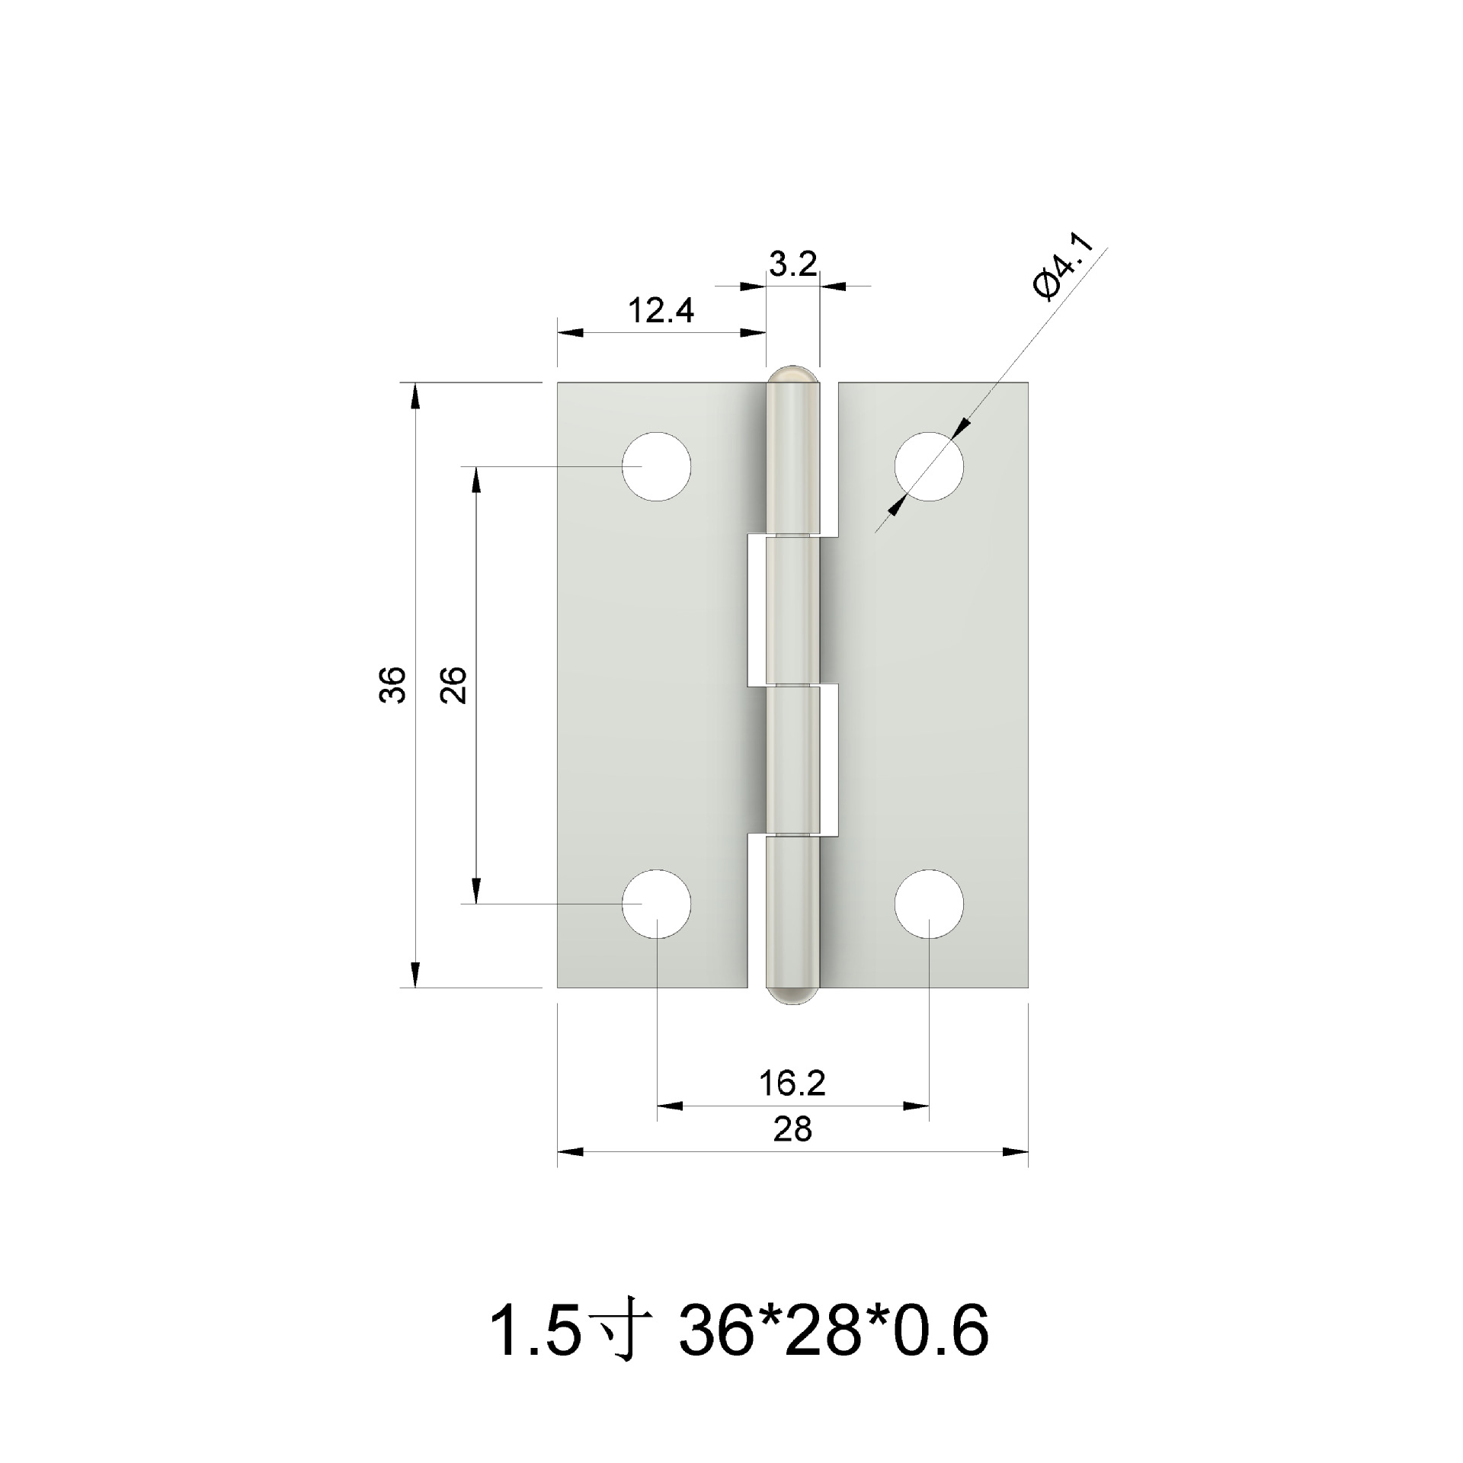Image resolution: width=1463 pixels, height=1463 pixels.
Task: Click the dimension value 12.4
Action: coord(661,311)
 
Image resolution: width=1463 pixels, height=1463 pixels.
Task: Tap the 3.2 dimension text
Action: coord(792,264)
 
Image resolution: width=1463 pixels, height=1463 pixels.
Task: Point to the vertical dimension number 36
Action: coord(393,683)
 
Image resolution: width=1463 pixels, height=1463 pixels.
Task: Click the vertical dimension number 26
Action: coord(454,683)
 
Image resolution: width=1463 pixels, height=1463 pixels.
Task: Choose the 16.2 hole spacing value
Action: coord(792,1083)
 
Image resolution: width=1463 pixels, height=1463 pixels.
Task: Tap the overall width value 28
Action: coord(792,1129)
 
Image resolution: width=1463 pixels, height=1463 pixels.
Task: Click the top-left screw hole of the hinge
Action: coord(656,466)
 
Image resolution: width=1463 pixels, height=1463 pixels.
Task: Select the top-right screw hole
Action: coord(929,466)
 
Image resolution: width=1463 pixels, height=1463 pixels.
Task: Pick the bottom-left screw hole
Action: coord(656,904)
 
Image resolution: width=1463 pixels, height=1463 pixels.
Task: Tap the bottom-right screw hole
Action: coord(929,904)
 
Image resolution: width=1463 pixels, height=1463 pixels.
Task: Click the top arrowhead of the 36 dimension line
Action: coord(415,396)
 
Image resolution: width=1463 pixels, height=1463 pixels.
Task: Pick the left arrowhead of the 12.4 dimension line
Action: coord(571,333)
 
